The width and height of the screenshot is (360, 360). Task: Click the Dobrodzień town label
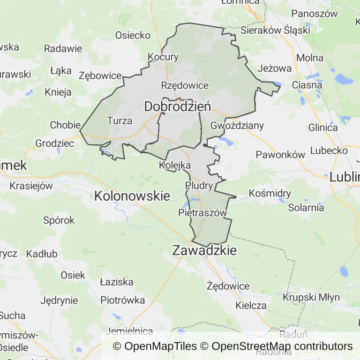click(x=177, y=107)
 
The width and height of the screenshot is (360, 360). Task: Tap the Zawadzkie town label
click(x=204, y=251)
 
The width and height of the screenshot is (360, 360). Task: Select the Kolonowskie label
click(x=132, y=196)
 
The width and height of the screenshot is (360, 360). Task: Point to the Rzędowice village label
click(x=185, y=86)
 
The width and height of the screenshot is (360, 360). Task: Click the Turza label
click(x=120, y=121)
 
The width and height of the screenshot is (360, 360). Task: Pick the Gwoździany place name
click(x=237, y=126)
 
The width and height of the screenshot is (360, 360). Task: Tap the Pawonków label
click(x=280, y=155)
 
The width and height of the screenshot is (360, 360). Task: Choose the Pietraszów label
click(x=202, y=213)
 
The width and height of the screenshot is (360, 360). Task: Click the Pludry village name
click(x=199, y=185)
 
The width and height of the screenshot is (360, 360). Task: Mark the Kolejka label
click(x=174, y=165)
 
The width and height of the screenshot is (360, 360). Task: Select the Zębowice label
click(x=100, y=75)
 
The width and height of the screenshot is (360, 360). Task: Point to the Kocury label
click(x=163, y=57)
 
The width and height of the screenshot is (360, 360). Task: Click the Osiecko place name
click(x=133, y=35)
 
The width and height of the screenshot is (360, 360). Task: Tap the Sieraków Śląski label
click(x=275, y=30)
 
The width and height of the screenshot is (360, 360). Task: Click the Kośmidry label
click(x=270, y=193)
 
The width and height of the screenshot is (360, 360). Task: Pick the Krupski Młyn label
click(x=307, y=297)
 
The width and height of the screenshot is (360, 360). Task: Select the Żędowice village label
click(x=228, y=285)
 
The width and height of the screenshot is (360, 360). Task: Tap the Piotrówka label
click(x=123, y=300)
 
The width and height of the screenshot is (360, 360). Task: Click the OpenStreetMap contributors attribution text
click(x=282, y=346)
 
